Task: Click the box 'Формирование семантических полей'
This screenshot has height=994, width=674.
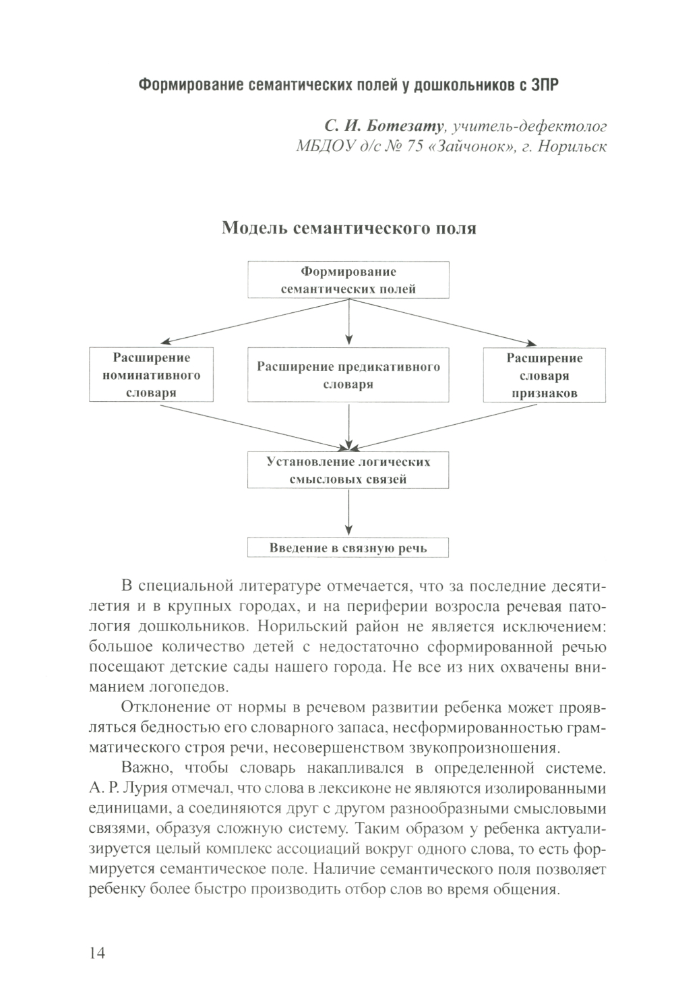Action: (x=348, y=281)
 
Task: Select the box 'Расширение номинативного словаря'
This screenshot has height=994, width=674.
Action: (x=151, y=375)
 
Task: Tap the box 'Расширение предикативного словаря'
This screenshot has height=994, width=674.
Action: (x=348, y=375)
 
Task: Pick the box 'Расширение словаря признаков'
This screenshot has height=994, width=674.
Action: (x=544, y=375)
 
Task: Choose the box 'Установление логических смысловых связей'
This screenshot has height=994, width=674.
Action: (x=348, y=471)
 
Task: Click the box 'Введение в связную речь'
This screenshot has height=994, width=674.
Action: (x=348, y=547)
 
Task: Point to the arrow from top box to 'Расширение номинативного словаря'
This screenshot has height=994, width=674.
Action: (x=256, y=321)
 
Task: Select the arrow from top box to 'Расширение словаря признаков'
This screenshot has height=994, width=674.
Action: (x=441, y=321)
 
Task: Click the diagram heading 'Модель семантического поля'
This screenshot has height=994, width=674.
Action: (x=349, y=229)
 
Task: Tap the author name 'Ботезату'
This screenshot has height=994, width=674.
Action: (x=411, y=126)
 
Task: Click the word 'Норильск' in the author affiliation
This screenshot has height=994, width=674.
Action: (x=572, y=147)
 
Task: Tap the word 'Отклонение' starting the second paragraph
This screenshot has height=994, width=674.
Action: (x=161, y=708)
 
